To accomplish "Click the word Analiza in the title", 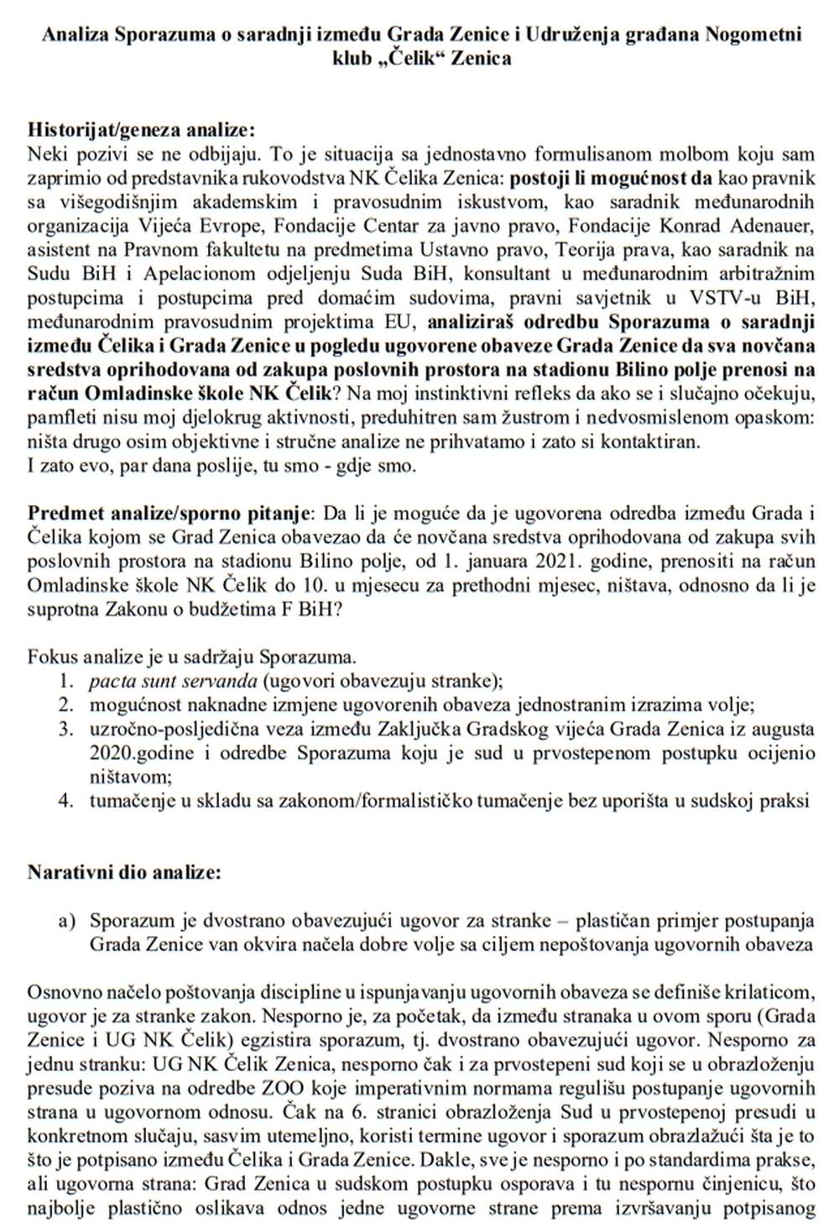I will pyautogui.click(x=74, y=35).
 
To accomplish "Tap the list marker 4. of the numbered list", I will pyautogui.click(x=66, y=800).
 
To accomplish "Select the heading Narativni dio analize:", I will pyautogui.click(x=124, y=872).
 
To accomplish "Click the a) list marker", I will pyautogui.click(x=67, y=921).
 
